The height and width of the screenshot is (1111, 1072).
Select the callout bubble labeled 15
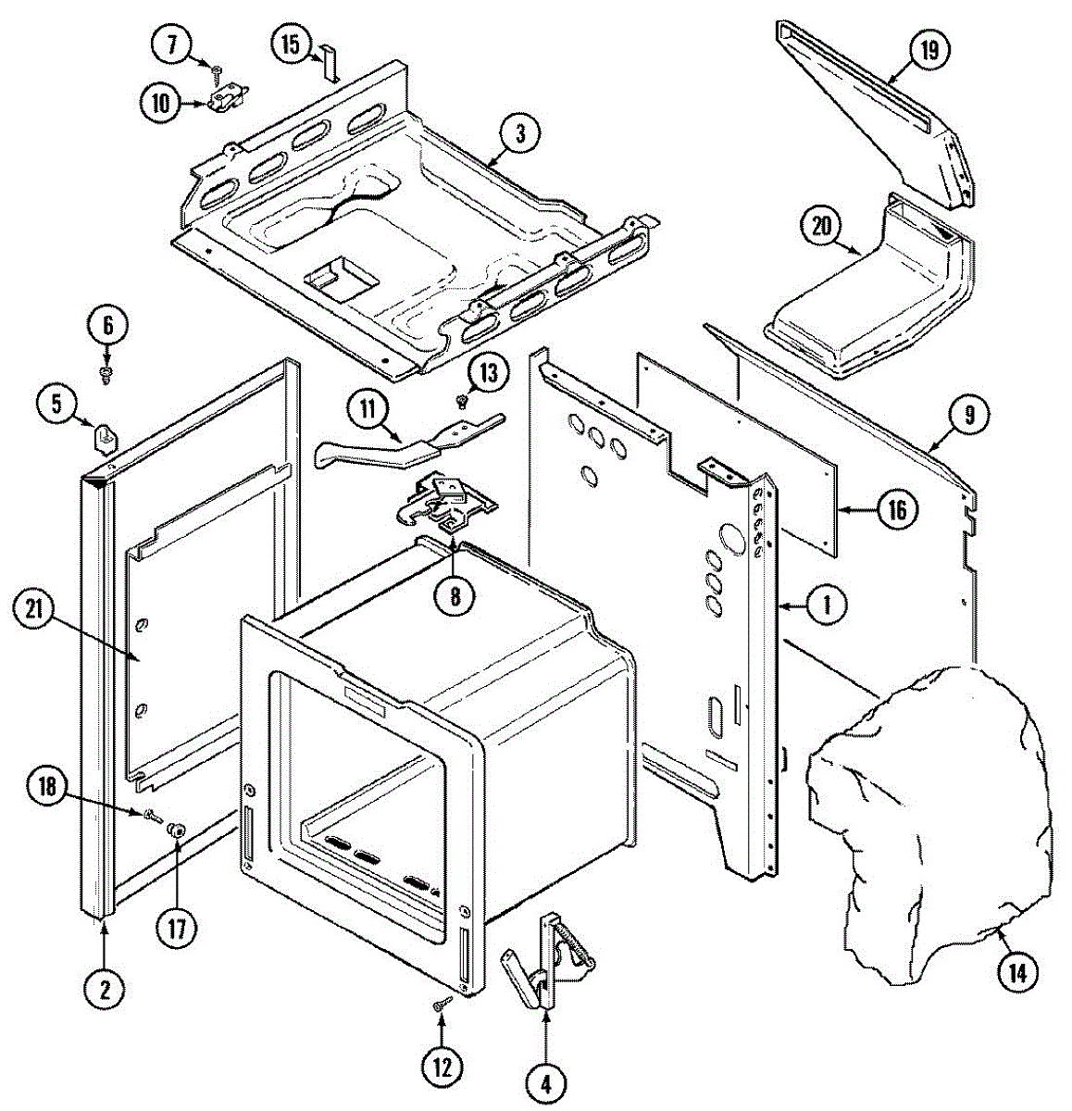(292, 44)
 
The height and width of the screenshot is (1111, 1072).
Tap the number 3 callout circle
(520, 133)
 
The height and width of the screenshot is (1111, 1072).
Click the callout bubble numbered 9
(968, 415)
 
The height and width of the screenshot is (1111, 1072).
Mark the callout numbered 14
(1016, 972)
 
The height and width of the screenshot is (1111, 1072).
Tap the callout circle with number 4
(546, 1080)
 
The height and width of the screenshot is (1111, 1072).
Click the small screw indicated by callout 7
(217, 70)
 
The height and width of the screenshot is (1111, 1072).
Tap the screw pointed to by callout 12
(442, 1004)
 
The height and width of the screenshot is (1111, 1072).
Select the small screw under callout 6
(106, 373)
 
